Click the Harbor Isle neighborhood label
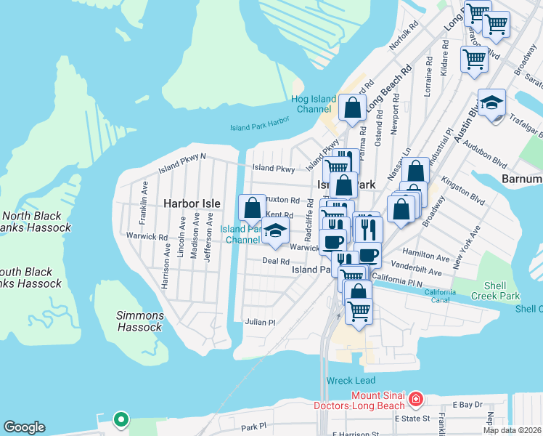(190, 203)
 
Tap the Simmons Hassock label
(140, 321)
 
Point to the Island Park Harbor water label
(260, 124)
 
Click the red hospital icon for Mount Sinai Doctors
(415, 399)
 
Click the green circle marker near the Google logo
(121, 419)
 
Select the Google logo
(24, 427)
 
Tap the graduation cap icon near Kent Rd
(275, 232)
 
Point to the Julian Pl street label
(260, 322)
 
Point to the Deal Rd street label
(276, 261)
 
